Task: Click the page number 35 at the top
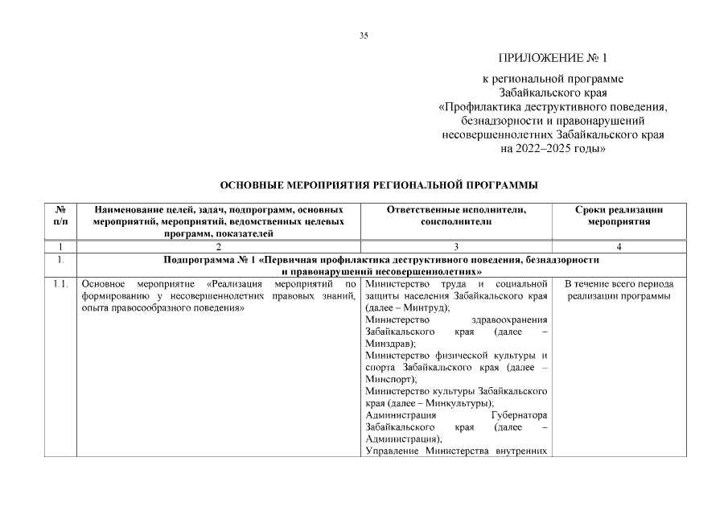(x=364, y=35)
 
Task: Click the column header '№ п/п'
(x=60, y=215)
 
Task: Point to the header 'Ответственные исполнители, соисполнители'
(x=456, y=215)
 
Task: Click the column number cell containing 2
(x=219, y=246)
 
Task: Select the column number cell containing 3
(x=456, y=246)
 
